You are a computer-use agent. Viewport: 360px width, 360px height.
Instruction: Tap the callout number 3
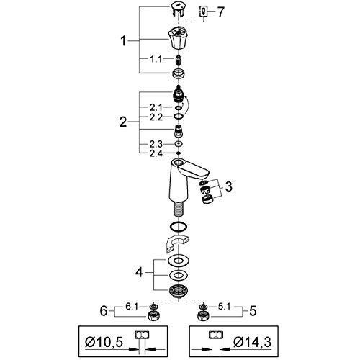coord(229,187)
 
